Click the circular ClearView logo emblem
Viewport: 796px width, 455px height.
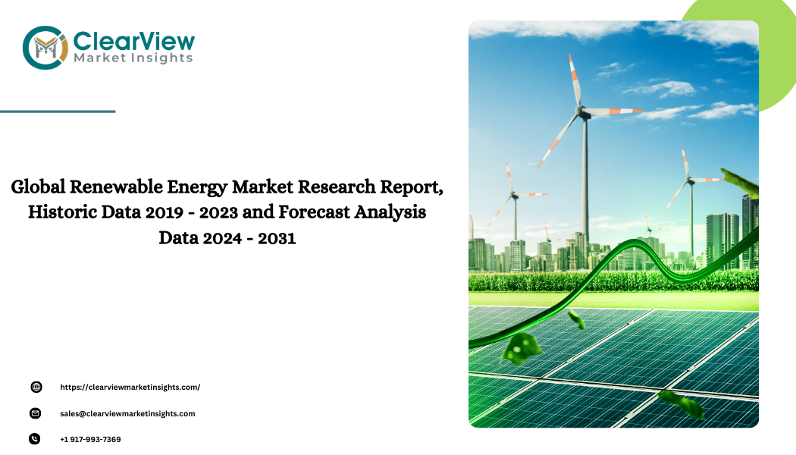(45, 48)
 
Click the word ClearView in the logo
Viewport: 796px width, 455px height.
(134, 41)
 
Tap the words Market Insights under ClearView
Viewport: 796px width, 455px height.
(133, 58)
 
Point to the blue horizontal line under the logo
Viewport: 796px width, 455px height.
(58, 111)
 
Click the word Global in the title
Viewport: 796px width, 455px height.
(38, 187)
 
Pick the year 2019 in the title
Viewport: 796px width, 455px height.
(164, 212)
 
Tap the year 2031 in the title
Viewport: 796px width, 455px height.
(277, 238)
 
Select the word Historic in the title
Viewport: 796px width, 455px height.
(62, 212)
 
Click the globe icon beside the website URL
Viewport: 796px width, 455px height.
(36, 387)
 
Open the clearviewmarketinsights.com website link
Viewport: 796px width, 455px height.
(130, 387)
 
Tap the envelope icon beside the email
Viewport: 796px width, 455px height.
(35, 413)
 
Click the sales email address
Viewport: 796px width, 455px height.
(127, 414)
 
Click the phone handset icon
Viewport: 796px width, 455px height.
(35, 439)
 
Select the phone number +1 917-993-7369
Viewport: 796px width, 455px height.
(90, 440)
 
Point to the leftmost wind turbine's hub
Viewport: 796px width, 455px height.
(514, 194)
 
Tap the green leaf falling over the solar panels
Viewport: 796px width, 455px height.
(520, 347)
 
